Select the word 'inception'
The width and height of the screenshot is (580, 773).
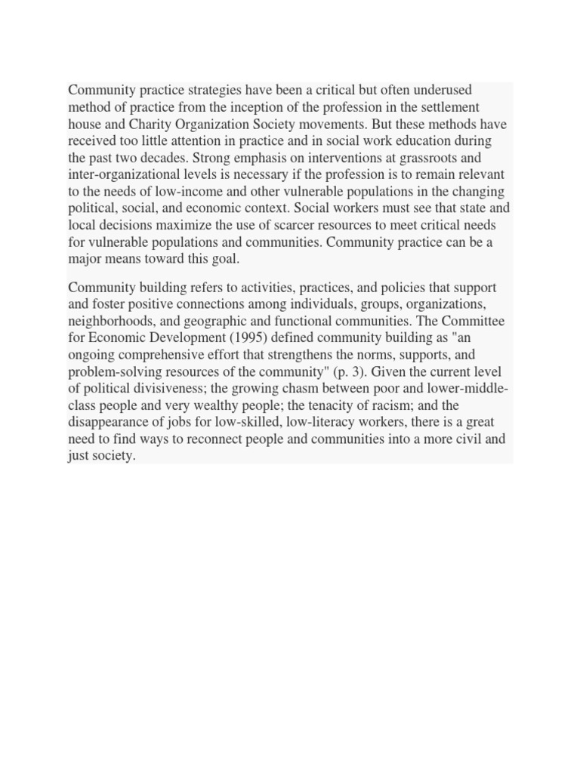(x=247, y=108)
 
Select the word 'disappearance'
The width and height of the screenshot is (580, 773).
(x=109, y=421)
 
